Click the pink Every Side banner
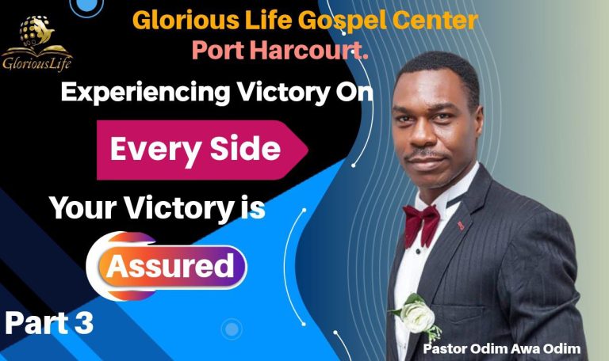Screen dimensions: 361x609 coord(198,150)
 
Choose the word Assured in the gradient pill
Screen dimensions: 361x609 coord(170,265)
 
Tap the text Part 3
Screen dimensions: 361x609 coord(49,322)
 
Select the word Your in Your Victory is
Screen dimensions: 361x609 coord(79,207)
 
